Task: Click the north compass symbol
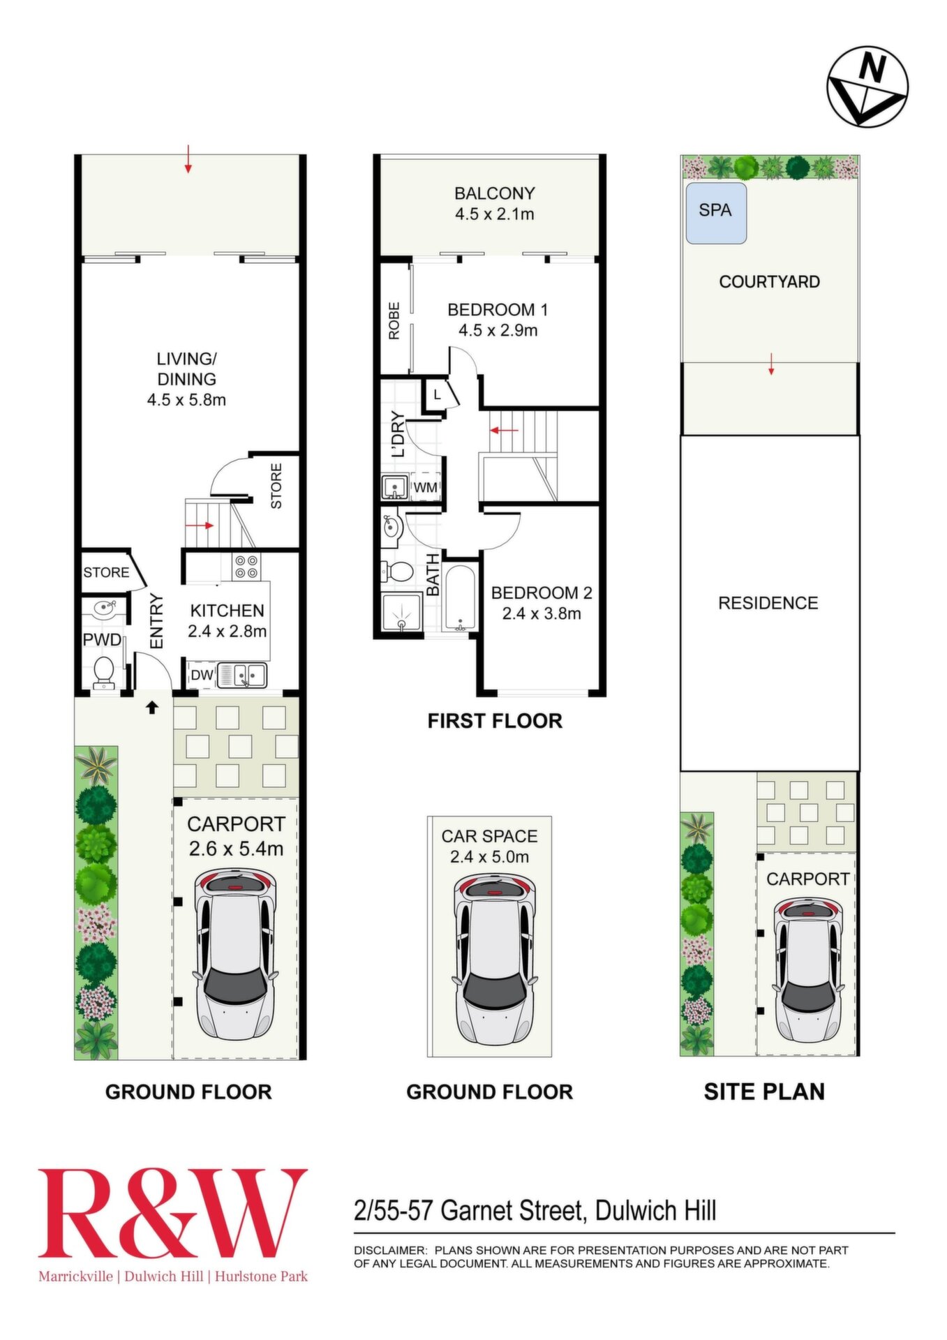[x=867, y=87]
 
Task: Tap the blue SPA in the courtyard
[x=716, y=213]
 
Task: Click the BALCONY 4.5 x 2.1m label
[x=494, y=204]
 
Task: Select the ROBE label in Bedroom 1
[x=394, y=320]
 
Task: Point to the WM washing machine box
[x=425, y=486]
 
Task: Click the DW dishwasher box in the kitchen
[x=202, y=675]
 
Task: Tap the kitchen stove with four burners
[x=246, y=566]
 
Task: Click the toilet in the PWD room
[x=104, y=672]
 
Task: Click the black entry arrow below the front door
[x=151, y=708]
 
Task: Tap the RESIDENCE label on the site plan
[x=768, y=603]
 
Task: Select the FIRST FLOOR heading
[x=495, y=721]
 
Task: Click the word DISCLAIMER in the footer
[x=390, y=1250]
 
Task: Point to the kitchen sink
[x=241, y=676]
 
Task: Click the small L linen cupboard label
[x=437, y=395]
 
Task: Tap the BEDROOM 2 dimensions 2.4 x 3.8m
[x=542, y=614]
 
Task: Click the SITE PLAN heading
[x=764, y=1092]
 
